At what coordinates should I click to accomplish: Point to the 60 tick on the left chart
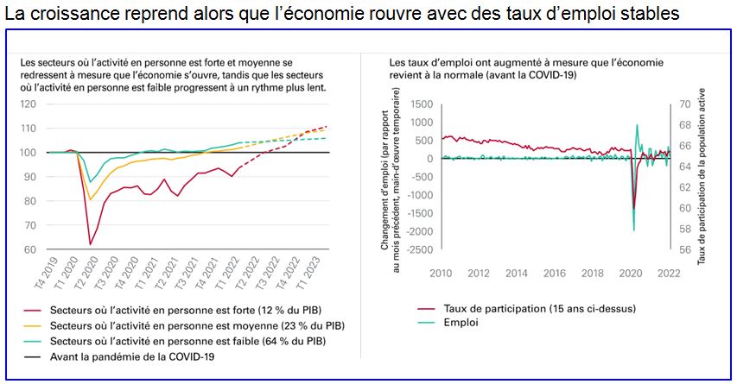tap(30, 250)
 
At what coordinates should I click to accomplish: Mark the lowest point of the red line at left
tap(90, 245)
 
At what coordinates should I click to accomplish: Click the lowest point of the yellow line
tap(90, 200)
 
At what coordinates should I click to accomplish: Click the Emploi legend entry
tap(461, 323)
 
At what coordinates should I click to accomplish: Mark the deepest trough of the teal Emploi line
tap(634, 230)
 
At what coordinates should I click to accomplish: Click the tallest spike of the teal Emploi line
tap(638, 125)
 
